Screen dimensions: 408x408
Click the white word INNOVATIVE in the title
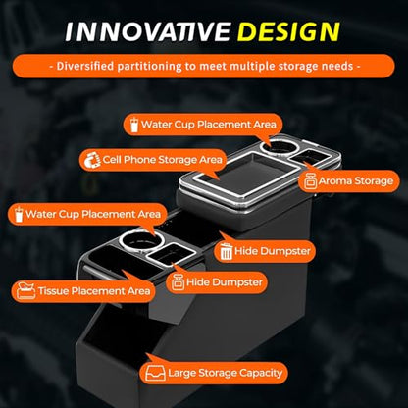click(x=148, y=31)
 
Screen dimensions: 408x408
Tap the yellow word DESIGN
click(x=288, y=31)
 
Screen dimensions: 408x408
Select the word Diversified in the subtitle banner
click(x=85, y=66)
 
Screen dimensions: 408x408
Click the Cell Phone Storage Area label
click(x=162, y=160)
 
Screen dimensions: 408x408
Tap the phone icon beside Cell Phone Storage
click(x=92, y=160)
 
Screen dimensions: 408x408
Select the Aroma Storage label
click(x=356, y=181)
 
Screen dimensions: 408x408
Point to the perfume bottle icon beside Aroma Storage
click(x=310, y=181)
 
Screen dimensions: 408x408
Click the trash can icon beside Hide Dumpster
click(x=226, y=252)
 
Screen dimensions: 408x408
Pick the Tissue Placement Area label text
click(x=94, y=291)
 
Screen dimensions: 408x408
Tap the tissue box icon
click(x=26, y=291)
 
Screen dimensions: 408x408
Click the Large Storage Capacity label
click(x=225, y=373)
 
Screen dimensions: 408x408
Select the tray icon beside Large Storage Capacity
click(x=155, y=373)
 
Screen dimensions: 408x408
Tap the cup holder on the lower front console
click(x=141, y=241)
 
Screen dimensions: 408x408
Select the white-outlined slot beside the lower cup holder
click(x=171, y=254)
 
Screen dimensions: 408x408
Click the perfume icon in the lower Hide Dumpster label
click(x=178, y=282)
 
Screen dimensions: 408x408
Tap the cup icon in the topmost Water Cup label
click(x=134, y=125)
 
